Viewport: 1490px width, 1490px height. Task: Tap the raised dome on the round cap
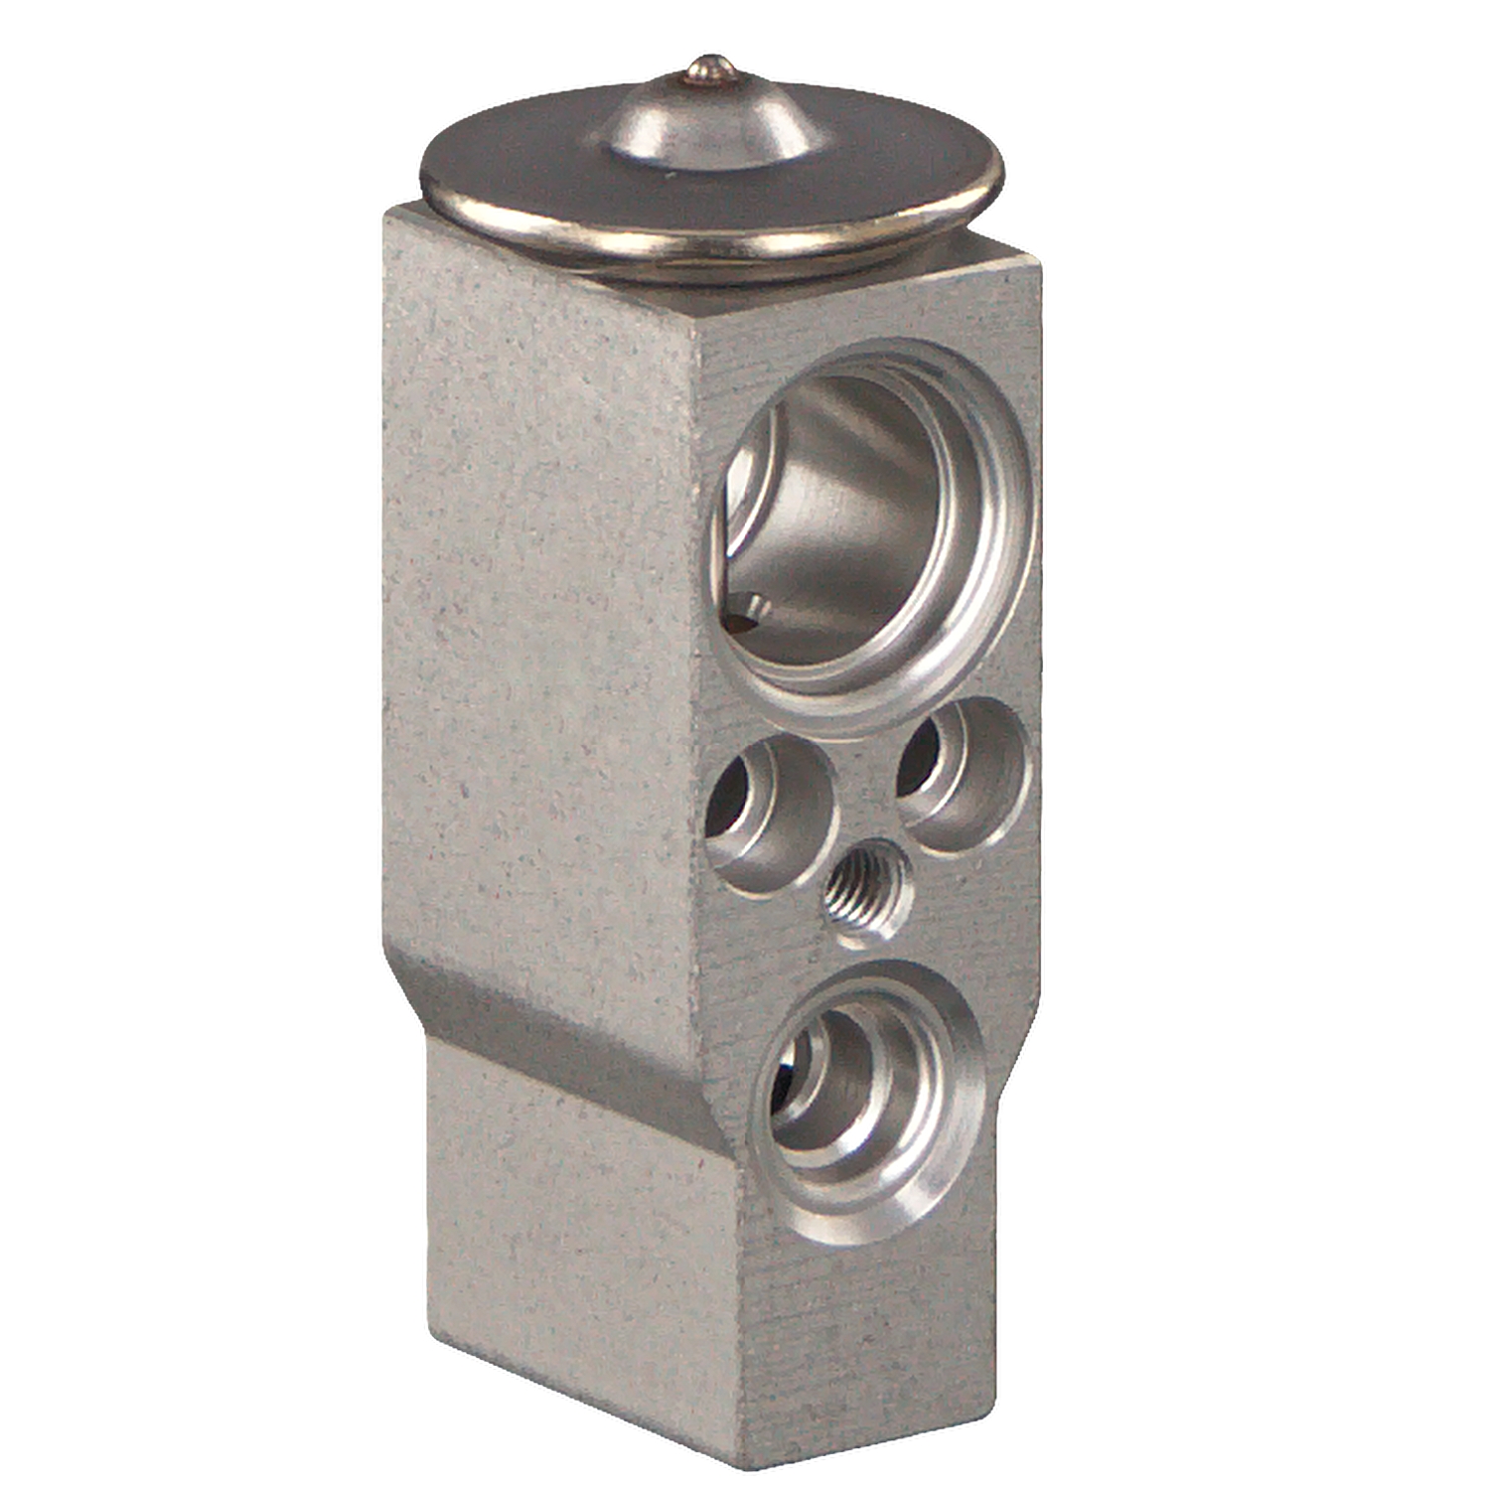[711, 124]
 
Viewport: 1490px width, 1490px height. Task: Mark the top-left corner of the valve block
[389, 211]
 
